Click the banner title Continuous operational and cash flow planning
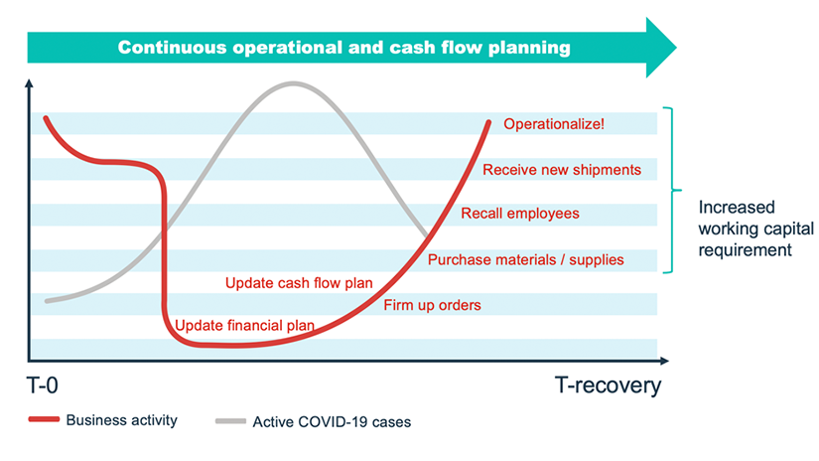pyautogui.click(x=344, y=48)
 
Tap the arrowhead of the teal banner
pyautogui.click(x=661, y=48)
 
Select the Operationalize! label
pyautogui.click(x=554, y=124)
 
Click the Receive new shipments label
pyautogui.click(x=562, y=169)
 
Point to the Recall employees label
pyautogui.click(x=520, y=214)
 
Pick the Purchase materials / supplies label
pyautogui.click(x=525, y=259)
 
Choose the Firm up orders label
pyautogui.click(x=432, y=305)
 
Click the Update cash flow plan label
pyautogui.click(x=299, y=283)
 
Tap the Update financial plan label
pyautogui.click(x=244, y=325)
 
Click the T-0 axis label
pyautogui.click(x=43, y=385)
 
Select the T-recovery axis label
pyautogui.click(x=608, y=385)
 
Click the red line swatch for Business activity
pyautogui.click(x=44, y=419)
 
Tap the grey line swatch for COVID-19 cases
pyautogui.click(x=230, y=420)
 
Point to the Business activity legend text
pyautogui.click(x=122, y=420)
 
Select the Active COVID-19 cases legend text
pyautogui.click(x=332, y=422)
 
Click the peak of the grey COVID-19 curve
pyautogui.click(x=293, y=83)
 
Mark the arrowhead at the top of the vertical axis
pyautogui.click(x=29, y=83)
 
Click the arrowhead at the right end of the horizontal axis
pyautogui.click(x=664, y=361)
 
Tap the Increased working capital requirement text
pyautogui.click(x=755, y=229)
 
